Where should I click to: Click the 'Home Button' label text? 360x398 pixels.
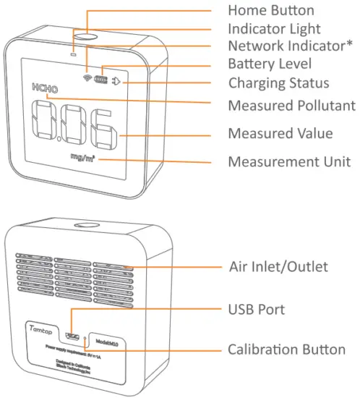271,10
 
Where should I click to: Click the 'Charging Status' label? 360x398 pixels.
278,82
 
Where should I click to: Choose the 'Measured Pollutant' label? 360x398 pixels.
291,106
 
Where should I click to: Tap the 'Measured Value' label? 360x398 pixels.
280,134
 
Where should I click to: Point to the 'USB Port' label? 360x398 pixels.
257,309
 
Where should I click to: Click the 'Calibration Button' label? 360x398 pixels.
286,350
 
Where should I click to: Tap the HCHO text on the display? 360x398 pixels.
44,88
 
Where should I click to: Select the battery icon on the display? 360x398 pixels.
103,80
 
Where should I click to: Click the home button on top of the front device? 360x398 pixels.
86,37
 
